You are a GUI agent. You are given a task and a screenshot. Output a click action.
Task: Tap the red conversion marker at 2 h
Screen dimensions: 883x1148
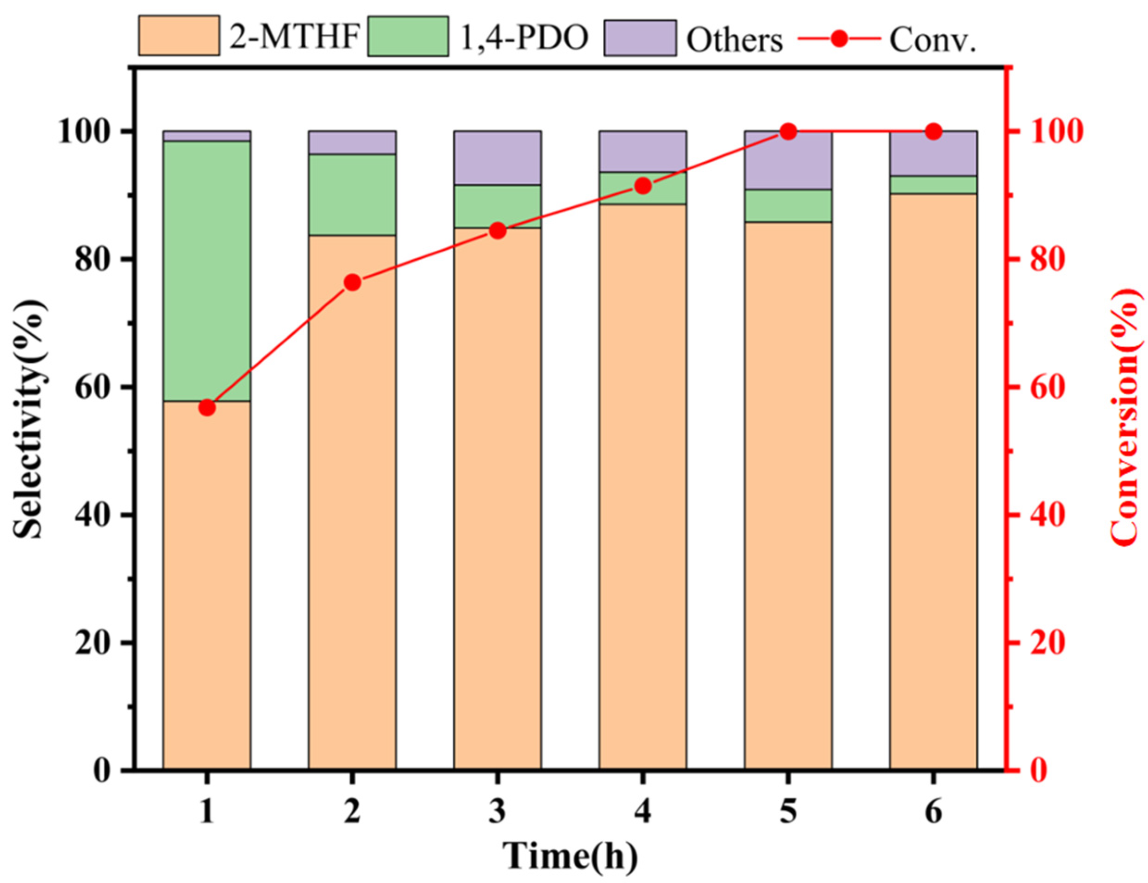pos(352,283)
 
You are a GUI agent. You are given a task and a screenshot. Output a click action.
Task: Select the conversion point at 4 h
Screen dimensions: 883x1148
pos(643,186)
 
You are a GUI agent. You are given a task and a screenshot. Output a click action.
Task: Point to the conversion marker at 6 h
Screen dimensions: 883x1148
pos(933,131)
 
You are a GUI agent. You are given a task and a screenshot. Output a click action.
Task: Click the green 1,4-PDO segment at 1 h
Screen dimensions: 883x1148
pos(207,270)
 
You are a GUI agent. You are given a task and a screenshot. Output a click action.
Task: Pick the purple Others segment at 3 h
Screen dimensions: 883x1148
pos(497,158)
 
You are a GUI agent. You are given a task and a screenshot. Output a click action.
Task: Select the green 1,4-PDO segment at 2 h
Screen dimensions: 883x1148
pos(352,194)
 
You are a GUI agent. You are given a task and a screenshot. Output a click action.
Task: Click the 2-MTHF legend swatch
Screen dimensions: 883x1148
pos(179,36)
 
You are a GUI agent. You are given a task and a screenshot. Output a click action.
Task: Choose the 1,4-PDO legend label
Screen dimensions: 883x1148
pos(524,38)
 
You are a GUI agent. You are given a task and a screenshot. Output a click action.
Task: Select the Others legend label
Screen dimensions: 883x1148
pos(734,39)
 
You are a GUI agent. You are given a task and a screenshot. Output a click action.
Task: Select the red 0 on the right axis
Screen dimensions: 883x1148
pos(1030,770)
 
